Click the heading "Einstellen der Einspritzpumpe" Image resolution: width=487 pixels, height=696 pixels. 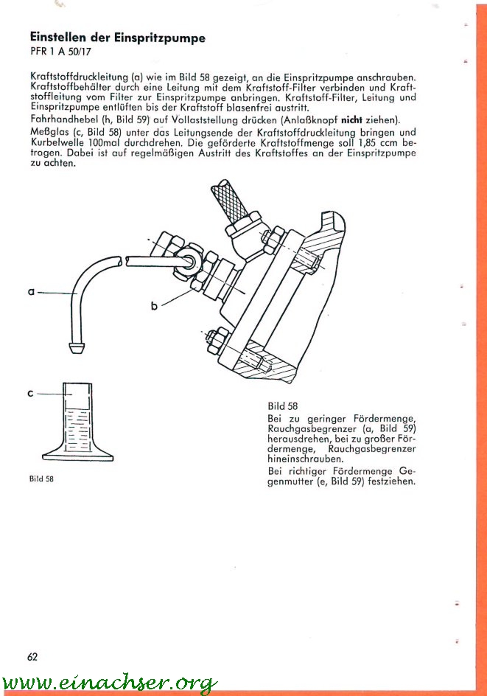click(x=117, y=38)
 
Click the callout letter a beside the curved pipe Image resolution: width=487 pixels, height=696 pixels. click(x=32, y=293)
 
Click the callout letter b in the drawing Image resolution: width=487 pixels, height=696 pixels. click(x=155, y=305)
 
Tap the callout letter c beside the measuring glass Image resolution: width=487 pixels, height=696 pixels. click(x=31, y=394)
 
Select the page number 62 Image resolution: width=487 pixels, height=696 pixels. click(x=32, y=656)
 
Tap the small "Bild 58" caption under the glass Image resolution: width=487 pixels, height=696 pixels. click(x=41, y=478)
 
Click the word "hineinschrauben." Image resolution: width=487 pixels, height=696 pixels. click(x=301, y=459)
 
